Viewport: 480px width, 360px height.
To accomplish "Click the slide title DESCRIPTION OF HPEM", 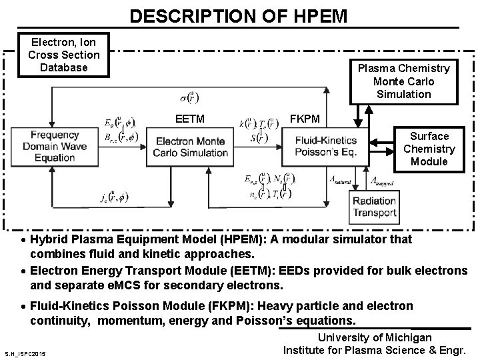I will (239, 15).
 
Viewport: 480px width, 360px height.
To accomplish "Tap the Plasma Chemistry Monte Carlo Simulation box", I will (404, 81).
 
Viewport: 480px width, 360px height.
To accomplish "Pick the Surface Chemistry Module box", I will (429, 149).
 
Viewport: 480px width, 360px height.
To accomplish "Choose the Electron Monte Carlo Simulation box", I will (191, 147).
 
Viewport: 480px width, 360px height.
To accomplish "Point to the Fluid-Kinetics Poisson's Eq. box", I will (325, 146).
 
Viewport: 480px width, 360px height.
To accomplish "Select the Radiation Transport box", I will (374, 207).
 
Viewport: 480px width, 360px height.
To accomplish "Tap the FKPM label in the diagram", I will (305, 119).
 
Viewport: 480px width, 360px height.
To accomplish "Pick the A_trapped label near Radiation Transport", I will (381, 181).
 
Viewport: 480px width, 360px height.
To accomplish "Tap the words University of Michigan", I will (374, 338).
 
